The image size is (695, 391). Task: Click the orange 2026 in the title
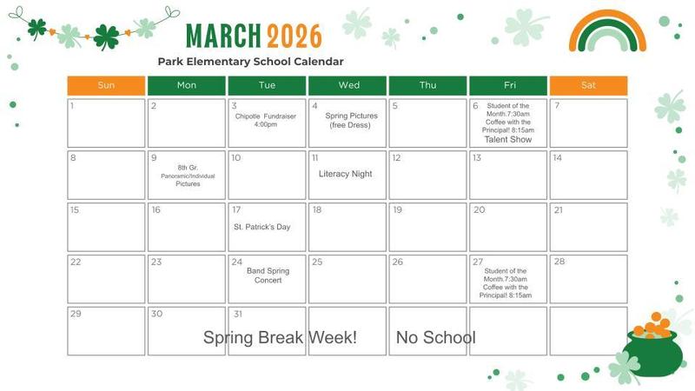(294, 36)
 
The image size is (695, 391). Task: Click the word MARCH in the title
(223, 36)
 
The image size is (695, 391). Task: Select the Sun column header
(106, 85)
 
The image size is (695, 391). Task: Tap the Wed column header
(348, 85)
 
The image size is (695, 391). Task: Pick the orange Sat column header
(588, 85)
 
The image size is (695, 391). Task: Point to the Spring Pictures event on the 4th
(350, 120)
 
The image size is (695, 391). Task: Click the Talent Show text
(507, 139)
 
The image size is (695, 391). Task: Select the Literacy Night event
(345, 174)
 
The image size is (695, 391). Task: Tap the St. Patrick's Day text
(261, 227)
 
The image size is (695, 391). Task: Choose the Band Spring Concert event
(268, 275)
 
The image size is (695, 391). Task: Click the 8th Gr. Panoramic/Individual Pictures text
(188, 176)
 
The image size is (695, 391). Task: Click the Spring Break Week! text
(280, 337)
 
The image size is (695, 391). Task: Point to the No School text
(435, 337)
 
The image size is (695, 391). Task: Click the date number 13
(477, 158)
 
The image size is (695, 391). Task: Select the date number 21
(558, 210)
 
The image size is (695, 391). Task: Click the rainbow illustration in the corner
(607, 33)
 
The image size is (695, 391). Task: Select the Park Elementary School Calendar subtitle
(250, 62)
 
